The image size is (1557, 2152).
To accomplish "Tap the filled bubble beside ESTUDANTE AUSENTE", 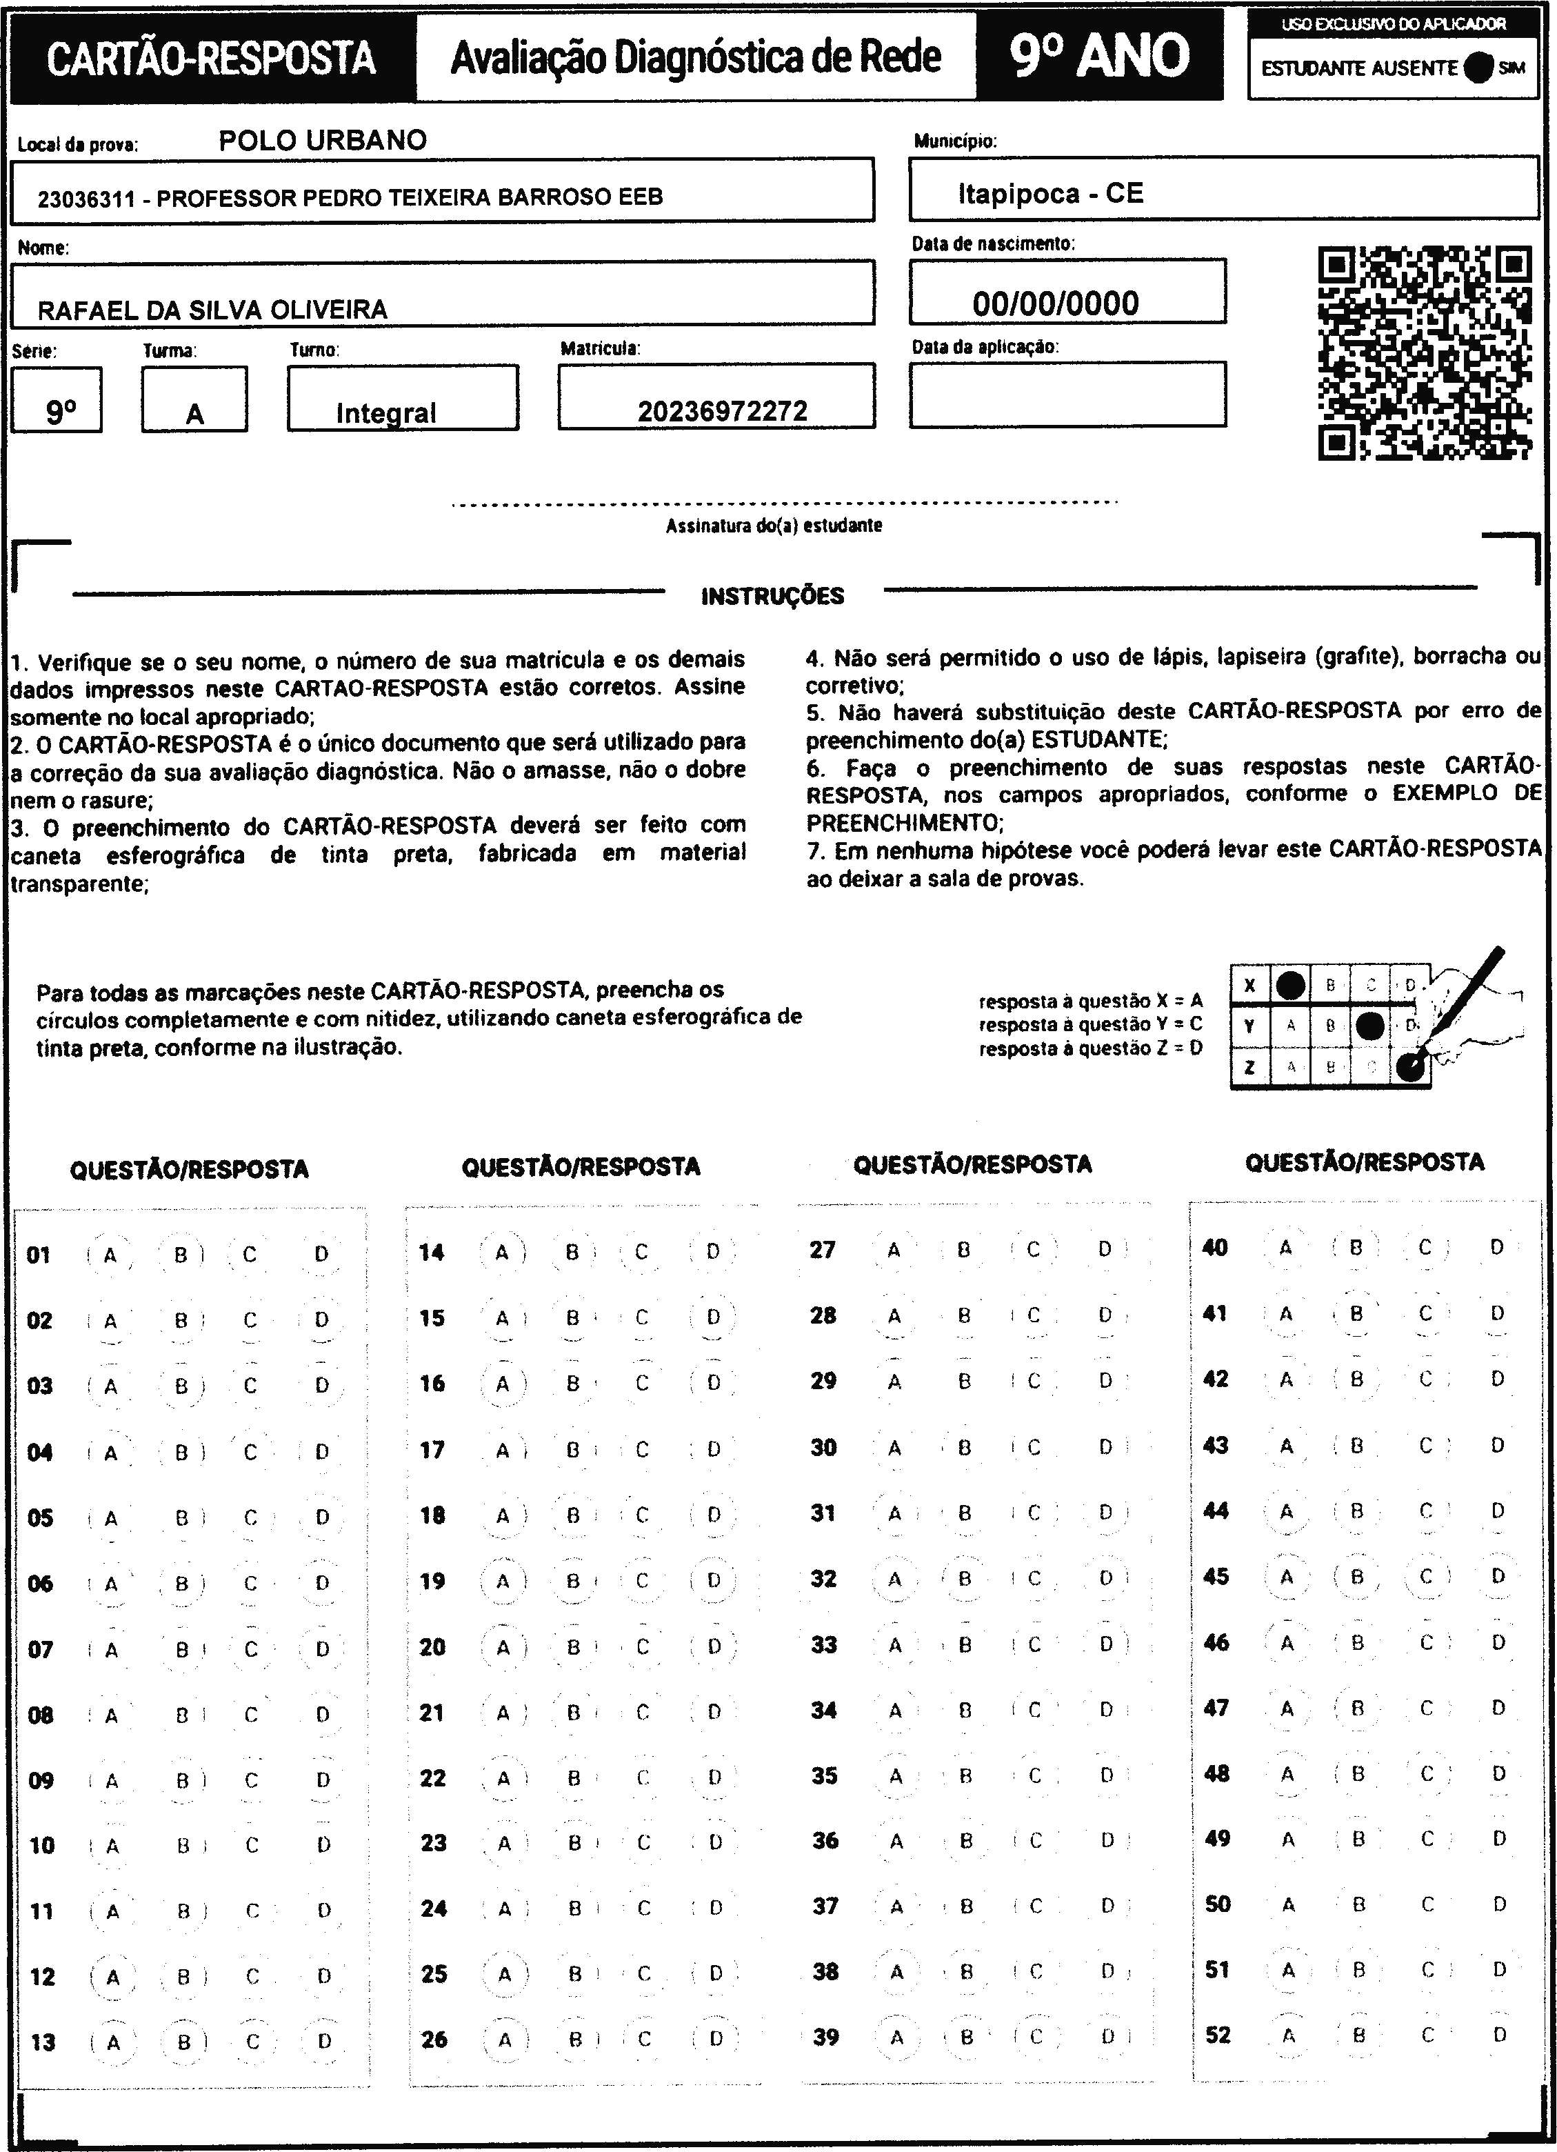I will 1478,68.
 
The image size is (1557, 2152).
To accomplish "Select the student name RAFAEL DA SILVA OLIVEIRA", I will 212,309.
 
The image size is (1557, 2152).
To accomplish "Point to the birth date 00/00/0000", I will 1055,303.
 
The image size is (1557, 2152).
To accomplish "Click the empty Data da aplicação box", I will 1067,395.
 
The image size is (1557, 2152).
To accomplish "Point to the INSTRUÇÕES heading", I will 772,596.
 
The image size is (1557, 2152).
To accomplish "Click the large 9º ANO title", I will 1098,56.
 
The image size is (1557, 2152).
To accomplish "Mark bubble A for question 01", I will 110,1255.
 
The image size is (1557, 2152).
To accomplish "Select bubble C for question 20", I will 643,1647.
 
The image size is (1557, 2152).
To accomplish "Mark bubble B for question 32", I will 965,1579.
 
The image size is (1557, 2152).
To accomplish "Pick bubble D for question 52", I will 1499,2034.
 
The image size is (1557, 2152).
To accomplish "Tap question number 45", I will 1216,1576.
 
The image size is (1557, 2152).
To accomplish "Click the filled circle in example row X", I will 1289,985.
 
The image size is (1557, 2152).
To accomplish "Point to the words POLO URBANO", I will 323,141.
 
